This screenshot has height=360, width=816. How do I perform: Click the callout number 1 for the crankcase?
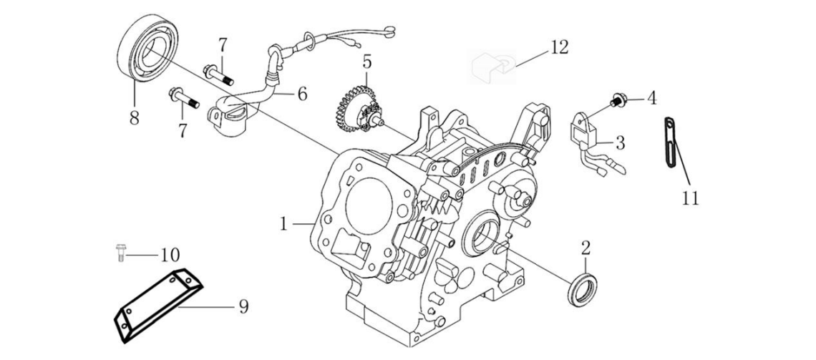point(284,224)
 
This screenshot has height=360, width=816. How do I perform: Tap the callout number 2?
point(586,249)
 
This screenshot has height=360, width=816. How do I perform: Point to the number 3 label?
point(620,143)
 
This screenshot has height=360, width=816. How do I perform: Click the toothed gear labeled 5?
point(352,108)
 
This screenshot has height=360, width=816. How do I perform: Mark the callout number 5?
point(366,62)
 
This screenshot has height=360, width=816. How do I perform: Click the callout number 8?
point(134,117)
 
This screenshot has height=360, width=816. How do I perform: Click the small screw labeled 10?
point(120,252)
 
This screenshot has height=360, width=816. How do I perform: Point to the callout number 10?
point(170,254)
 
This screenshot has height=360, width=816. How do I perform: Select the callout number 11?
point(689,198)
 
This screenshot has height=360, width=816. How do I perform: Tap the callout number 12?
point(559,47)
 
